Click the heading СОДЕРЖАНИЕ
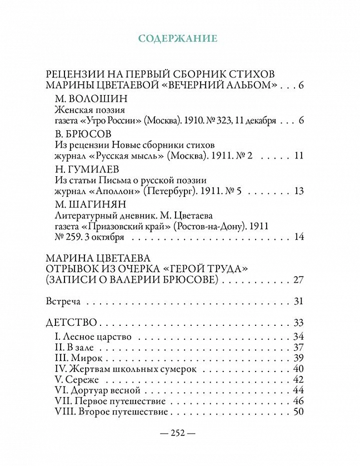(x=178, y=38)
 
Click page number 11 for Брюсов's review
(x=299, y=155)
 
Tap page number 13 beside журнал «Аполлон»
(x=299, y=191)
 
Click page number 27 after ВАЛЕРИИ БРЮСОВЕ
(x=299, y=279)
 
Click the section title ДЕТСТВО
(x=72, y=323)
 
